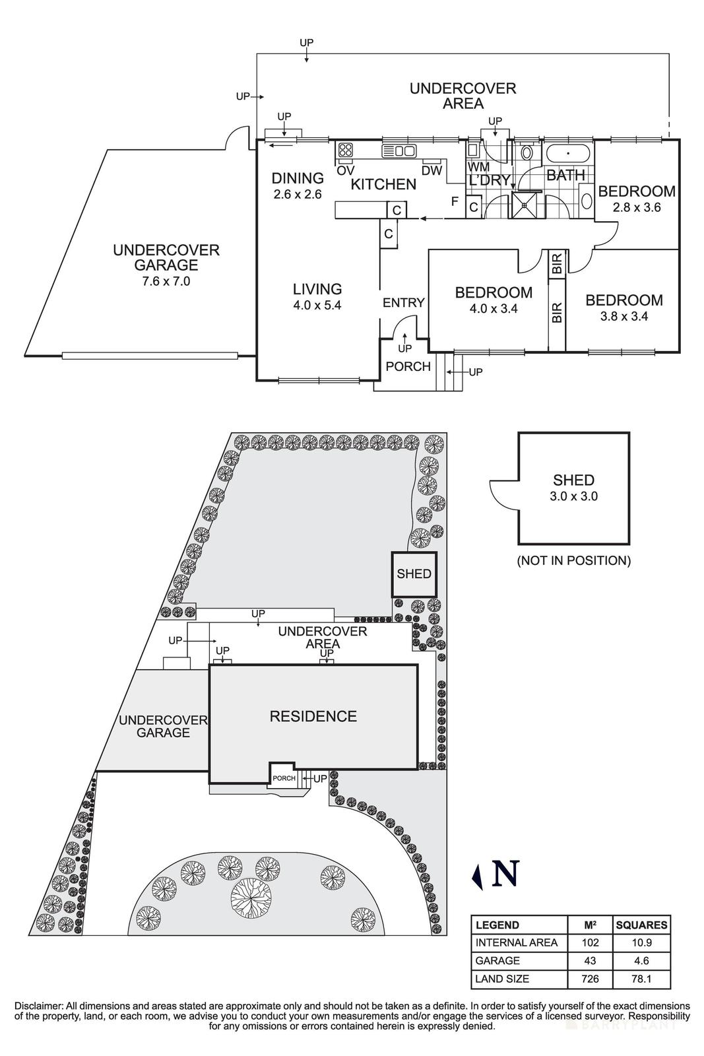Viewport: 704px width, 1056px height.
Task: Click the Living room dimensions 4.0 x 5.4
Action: point(317,306)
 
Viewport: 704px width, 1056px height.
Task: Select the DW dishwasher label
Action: point(432,170)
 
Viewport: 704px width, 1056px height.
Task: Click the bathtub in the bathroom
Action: point(568,154)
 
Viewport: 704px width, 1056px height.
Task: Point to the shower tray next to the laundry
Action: point(527,205)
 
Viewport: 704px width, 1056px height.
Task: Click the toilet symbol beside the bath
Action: point(526,154)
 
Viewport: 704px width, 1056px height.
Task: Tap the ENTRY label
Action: point(403,302)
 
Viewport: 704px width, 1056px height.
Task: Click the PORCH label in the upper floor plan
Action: point(408,366)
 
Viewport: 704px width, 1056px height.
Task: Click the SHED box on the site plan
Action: point(414,574)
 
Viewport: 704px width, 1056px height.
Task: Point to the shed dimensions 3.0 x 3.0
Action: point(573,496)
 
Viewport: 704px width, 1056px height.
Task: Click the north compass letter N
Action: point(505,874)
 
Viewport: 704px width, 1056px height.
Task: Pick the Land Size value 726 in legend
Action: point(590,979)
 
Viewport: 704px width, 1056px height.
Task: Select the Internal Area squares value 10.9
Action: point(641,942)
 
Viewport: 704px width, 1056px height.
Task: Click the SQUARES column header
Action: point(641,925)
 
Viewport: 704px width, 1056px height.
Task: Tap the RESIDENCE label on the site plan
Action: point(313,716)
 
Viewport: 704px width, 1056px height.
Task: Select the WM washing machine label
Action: point(478,167)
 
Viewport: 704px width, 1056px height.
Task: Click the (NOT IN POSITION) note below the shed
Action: point(573,561)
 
